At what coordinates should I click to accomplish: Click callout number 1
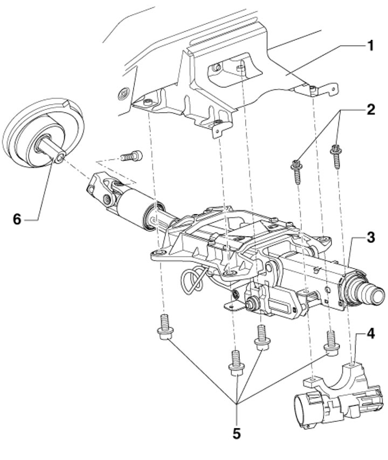[371, 46]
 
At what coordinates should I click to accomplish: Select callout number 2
[371, 109]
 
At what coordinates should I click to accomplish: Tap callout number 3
[371, 238]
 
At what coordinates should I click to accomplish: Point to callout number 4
[371, 334]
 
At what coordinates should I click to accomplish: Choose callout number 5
[236, 434]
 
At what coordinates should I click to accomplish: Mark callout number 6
[17, 219]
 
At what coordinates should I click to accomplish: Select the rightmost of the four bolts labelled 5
[331, 343]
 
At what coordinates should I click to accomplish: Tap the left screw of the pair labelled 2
[296, 171]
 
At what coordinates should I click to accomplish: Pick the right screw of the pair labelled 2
[336, 156]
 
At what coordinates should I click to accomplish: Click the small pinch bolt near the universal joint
[131, 156]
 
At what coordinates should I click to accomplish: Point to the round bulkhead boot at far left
[43, 133]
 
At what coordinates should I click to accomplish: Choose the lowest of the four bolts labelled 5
[236, 363]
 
